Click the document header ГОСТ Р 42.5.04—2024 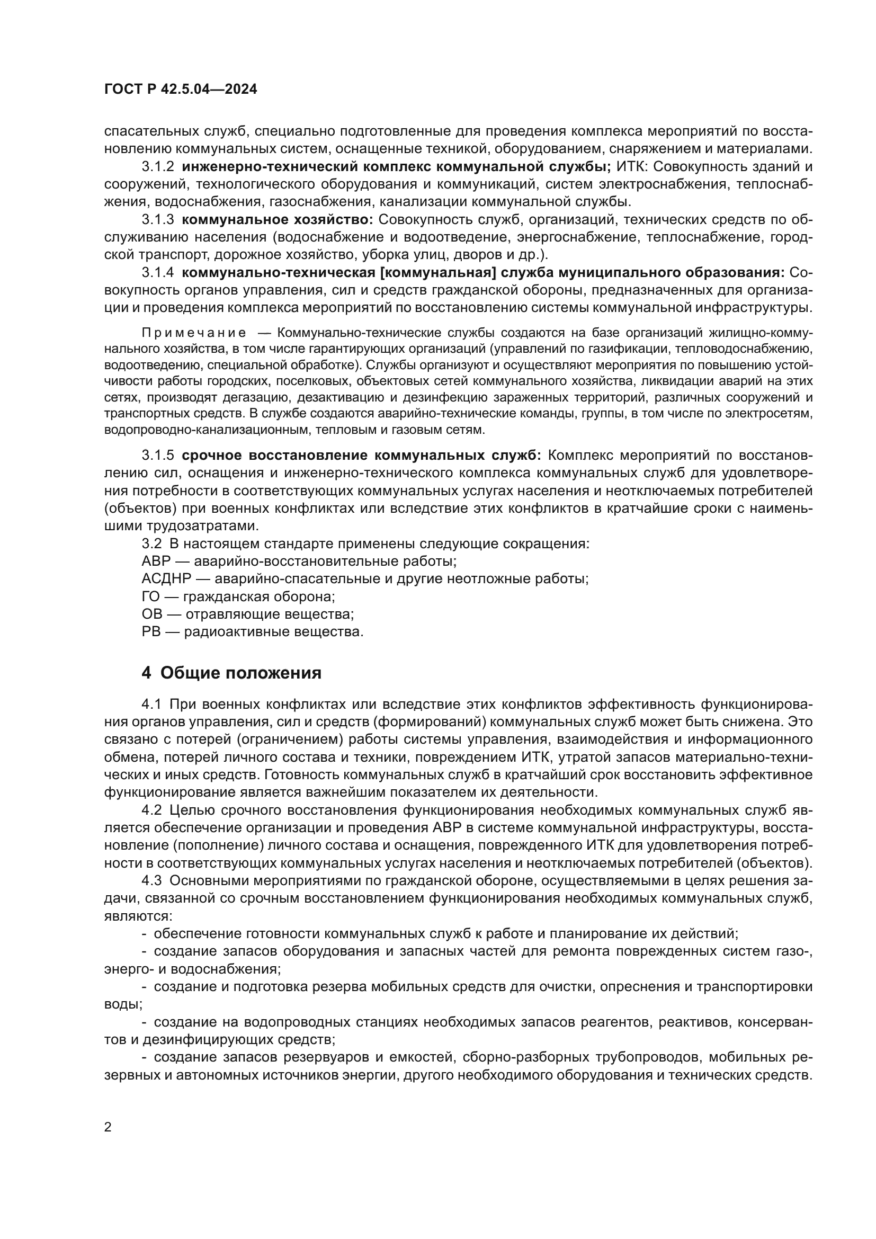click(181, 90)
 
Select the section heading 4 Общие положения click(231, 673)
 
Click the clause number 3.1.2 click(158, 167)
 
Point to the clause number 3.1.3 click(158, 220)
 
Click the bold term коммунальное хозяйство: click(278, 220)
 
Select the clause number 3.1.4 click(158, 272)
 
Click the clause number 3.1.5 click(158, 455)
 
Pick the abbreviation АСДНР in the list click(166, 579)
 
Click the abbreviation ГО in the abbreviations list click(151, 597)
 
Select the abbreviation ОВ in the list click(151, 614)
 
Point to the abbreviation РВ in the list click(151, 632)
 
